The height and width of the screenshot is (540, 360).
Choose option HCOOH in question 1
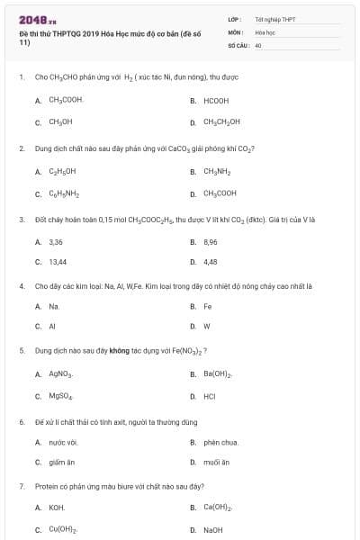coord(216,100)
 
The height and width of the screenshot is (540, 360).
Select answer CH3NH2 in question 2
coord(219,170)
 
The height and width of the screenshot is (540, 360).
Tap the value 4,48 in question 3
coord(211,262)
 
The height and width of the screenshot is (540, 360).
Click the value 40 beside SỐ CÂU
coord(258,43)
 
